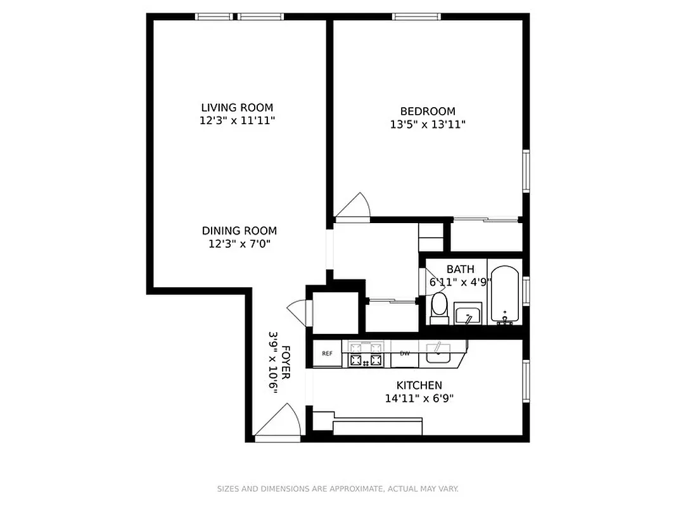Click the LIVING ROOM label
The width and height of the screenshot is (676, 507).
pyautogui.click(x=237, y=108)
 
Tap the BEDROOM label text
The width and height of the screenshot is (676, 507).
pyautogui.click(x=427, y=112)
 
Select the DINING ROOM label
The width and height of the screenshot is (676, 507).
pyautogui.click(x=239, y=231)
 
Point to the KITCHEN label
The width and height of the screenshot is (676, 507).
pyautogui.click(x=419, y=385)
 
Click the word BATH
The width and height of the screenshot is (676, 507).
pyautogui.click(x=460, y=269)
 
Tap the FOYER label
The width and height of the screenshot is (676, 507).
pyautogui.click(x=286, y=363)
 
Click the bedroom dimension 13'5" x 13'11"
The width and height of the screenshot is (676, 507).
pyautogui.click(x=428, y=125)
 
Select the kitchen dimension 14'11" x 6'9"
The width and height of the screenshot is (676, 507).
pyautogui.click(x=419, y=399)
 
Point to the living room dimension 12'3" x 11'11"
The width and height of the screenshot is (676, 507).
pyautogui.click(x=237, y=120)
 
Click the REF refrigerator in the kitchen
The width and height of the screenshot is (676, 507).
pyautogui.click(x=327, y=354)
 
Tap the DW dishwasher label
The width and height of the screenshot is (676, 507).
pyautogui.click(x=404, y=354)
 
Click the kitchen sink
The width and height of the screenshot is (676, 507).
pyautogui.click(x=438, y=353)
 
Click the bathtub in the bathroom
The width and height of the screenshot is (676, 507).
pyautogui.click(x=505, y=295)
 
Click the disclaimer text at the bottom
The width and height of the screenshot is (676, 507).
pyautogui.click(x=338, y=489)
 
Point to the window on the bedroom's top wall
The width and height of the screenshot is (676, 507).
pyautogui.click(x=416, y=16)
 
